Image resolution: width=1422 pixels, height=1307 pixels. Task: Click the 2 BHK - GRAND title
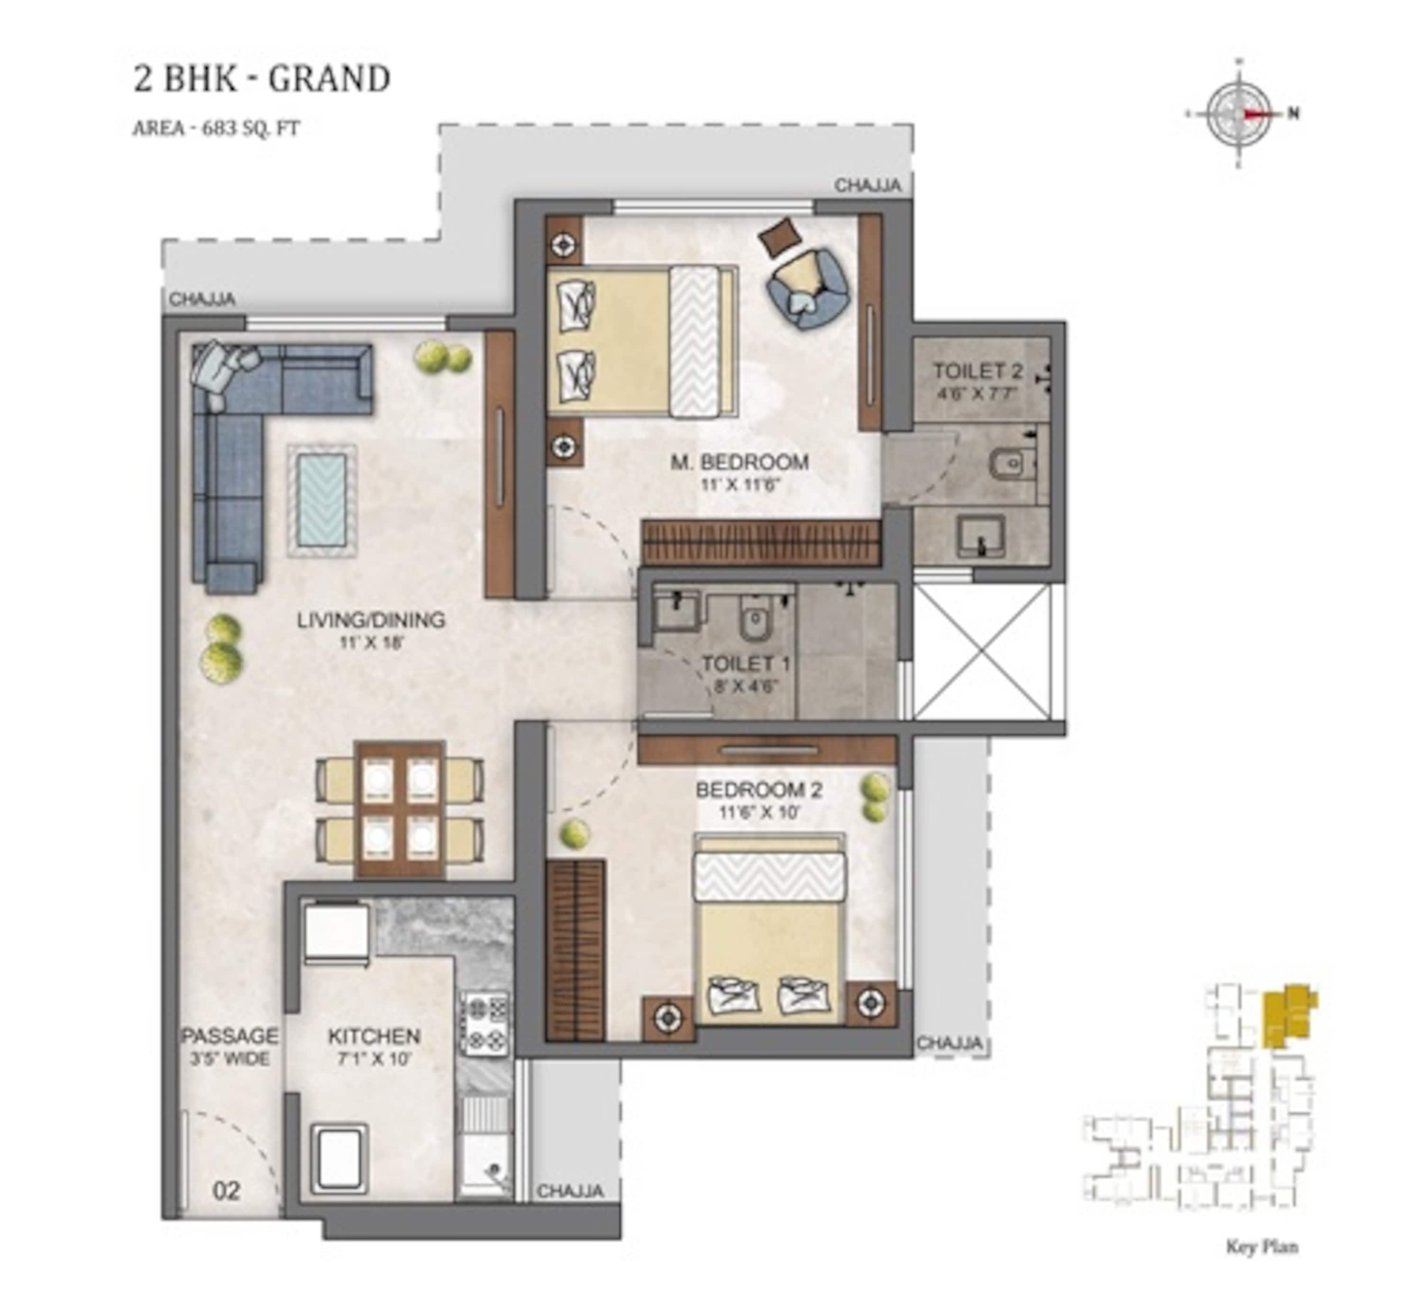pos(262,79)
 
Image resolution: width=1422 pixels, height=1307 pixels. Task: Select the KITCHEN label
pos(374,1046)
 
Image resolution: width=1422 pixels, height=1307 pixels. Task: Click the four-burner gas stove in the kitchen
pos(485,1024)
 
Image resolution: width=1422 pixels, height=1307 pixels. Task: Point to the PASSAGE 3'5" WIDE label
pos(230,1046)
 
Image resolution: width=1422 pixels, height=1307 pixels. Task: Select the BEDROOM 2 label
pos(759,799)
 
